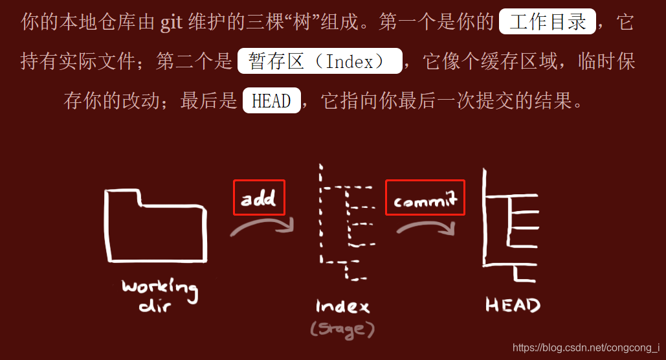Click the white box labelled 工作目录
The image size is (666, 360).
pos(548,23)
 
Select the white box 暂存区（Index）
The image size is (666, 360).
pos(320,62)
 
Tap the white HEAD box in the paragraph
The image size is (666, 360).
pos(271,101)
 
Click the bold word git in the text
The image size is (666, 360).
pos(172,23)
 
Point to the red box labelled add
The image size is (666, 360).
pos(259,197)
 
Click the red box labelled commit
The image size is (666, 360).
pos(425,197)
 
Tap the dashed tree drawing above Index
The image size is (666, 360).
pos(343,223)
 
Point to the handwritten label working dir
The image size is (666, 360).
pos(159,295)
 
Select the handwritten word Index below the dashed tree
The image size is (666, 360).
pos(342,306)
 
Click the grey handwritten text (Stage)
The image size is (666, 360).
pos(342,329)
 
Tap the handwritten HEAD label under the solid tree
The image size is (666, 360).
pos(513,305)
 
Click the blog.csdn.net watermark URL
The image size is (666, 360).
pos(586,348)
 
